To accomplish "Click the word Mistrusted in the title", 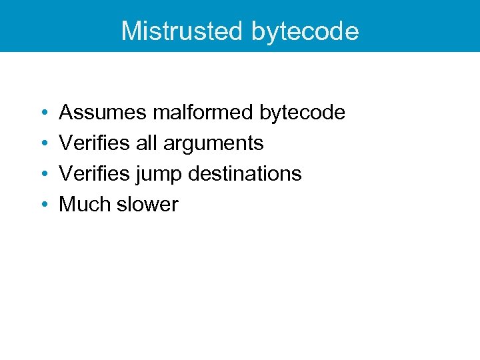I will tap(183, 31).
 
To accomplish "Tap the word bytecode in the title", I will tap(305, 31).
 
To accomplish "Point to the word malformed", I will tap(203, 113).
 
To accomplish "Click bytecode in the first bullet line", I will tap(302, 113).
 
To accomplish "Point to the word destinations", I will tap(245, 173).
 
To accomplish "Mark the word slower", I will tap(147, 204).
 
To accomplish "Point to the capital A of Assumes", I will tap(66, 113).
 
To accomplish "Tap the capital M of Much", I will tap(67, 204).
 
